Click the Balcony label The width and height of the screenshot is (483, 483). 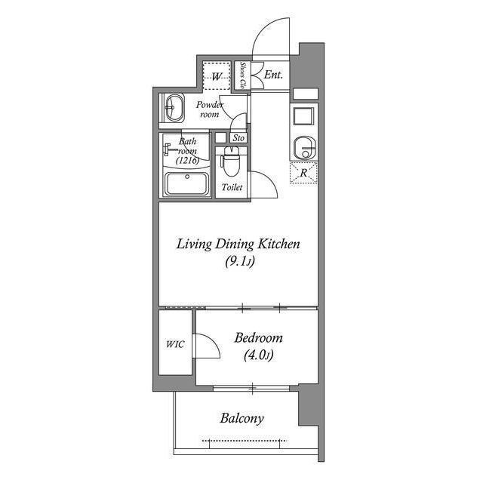point(242,418)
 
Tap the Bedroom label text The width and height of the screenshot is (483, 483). point(258,338)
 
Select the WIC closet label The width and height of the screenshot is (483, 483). point(174,346)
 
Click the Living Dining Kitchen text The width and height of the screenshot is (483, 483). point(238,245)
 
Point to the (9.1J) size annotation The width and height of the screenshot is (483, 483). point(238,262)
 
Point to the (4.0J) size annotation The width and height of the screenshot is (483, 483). point(257,355)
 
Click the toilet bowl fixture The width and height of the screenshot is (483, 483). point(231,161)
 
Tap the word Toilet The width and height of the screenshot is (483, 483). point(232,187)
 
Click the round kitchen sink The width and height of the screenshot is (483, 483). point(303,146)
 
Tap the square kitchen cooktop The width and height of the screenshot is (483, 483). point(303,117)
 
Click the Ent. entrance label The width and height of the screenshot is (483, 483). point(273,75)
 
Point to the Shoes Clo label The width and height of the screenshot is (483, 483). point(243,76)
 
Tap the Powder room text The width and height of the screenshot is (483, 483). point(209,109)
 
